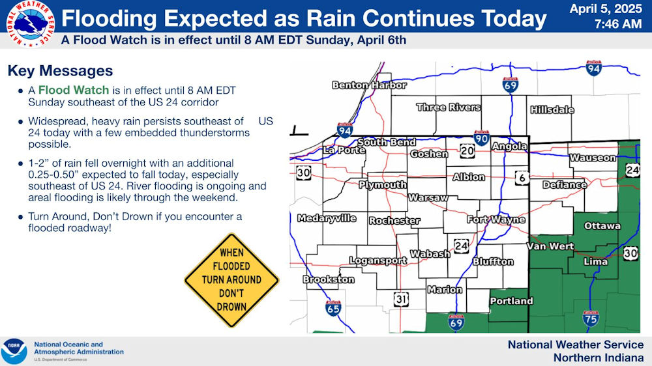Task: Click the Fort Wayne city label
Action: tap(496, 219)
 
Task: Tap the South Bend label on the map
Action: tap(387, 142)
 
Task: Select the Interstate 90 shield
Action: tap(481, 138)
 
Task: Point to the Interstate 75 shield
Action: tap(591, 318)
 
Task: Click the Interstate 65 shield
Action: tap(333, 308)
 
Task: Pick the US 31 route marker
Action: tap(401, 299)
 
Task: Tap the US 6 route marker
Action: tap(522, 178)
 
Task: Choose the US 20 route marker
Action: tap(467, 151)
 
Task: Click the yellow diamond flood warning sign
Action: tap(231, 280)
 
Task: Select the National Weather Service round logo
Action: tap(31, 23)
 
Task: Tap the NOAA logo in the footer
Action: tap(14, 352)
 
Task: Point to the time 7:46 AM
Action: tap(618, 24)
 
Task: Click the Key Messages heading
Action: tap(60, 70)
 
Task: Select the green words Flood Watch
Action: tap(74, 90)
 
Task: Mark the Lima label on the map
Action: tap(595, 261)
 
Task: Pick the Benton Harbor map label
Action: tap(369, 85)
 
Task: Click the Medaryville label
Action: tap(327, 218)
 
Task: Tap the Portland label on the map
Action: tap(511, 301)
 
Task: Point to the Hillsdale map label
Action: tap(552, 109)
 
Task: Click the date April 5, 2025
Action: tap(606, 8)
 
